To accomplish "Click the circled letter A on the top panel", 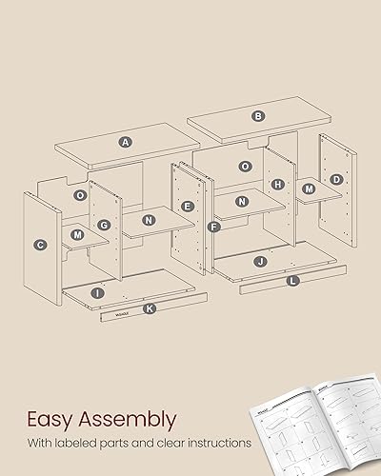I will [126, 142].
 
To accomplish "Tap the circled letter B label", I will [257, 116].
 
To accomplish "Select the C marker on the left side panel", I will [40, 245].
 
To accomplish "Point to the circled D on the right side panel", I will [336, 179].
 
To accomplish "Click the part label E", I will [188, 206].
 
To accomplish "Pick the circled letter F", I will [213, 228].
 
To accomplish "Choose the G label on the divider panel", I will [103, 226].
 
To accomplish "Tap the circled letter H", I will [277, 184].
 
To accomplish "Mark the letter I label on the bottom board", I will [99, 294].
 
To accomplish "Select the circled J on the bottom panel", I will [259, 260].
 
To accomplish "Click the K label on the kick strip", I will [148, 308].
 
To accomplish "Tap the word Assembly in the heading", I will [129, 419].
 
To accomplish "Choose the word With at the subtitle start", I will [41, 443].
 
